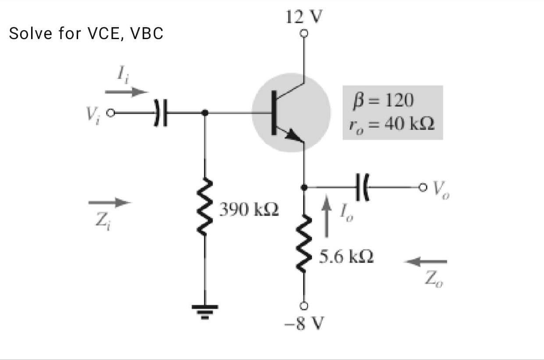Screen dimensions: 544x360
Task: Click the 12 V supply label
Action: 304,17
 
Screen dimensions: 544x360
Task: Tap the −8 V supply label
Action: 304,323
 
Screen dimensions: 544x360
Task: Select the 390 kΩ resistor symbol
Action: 205,207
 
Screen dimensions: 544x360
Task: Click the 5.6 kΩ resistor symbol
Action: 304,243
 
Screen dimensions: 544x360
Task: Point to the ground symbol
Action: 205,312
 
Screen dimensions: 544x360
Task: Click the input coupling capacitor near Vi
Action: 161,113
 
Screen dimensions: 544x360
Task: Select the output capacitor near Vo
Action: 362,187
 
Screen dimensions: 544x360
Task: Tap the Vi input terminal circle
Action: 111,113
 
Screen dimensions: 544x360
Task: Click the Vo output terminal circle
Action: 422,187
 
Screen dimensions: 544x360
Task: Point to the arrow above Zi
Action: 110,202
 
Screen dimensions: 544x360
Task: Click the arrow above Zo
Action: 425,262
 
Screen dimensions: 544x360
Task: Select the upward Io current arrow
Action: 326,216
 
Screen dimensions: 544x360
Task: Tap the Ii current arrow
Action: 126,92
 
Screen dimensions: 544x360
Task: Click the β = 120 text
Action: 383,100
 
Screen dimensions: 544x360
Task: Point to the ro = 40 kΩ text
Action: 391,125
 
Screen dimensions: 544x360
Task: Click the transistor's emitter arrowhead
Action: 294,136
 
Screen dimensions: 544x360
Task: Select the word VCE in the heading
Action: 103,33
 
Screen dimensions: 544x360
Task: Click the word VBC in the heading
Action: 147,33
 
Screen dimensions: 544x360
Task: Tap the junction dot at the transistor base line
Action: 205,113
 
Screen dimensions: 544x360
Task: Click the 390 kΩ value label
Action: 249,209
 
